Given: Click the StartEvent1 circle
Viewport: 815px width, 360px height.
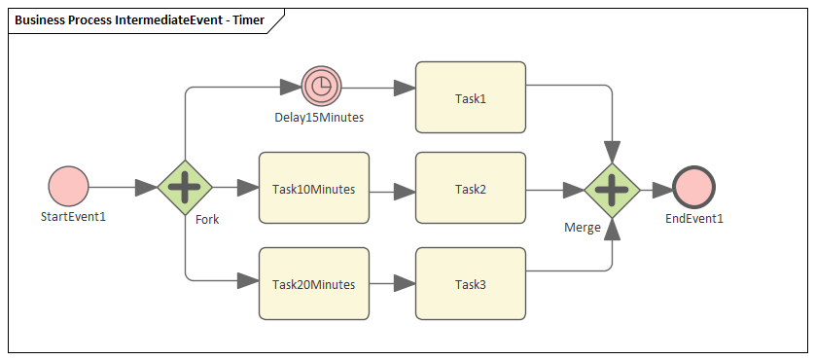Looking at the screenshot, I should (68, 186).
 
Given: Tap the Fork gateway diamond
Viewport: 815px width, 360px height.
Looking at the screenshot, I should (185, 186).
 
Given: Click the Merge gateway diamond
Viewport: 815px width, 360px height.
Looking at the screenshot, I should (611, 189).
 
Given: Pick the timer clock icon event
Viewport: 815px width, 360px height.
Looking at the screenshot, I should (320, 87).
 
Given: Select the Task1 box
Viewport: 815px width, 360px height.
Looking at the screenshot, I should (471, 97).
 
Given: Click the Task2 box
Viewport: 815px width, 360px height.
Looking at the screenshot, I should (471, 189).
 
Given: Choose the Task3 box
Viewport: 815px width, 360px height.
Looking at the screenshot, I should (471, 284).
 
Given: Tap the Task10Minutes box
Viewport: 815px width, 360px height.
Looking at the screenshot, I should (313, 189).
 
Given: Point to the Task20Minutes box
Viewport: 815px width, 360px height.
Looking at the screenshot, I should (313, 284).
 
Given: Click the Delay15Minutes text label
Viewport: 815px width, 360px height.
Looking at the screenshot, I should (319, 118).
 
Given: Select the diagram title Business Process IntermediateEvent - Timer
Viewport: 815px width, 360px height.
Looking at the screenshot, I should (139, 19).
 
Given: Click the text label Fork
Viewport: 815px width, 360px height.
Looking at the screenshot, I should (207, 219).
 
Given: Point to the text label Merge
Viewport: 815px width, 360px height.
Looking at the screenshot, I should (583, 227).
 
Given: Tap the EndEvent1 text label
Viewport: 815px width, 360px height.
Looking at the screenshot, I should (694, 218).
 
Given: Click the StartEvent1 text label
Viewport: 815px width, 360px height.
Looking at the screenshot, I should (73, 216).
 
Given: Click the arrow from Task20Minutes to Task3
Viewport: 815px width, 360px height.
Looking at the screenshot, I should (392, 284).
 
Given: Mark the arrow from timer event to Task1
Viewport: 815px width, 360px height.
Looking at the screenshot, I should (377, 88).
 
